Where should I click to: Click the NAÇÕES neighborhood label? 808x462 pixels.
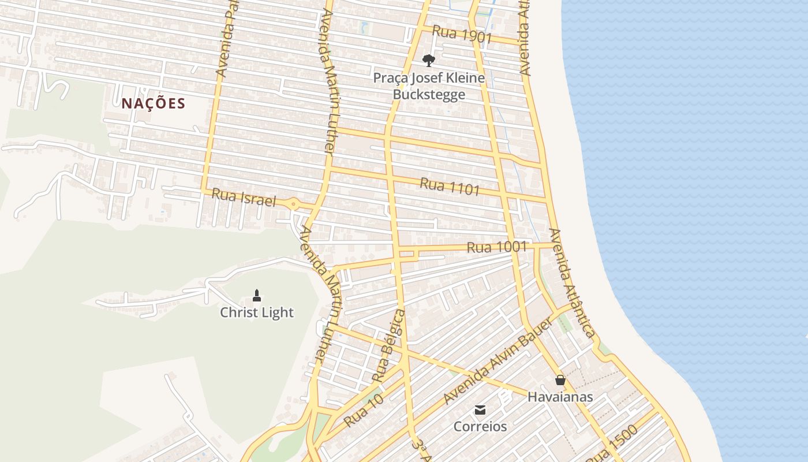pyautogui.click(x=153, y=103)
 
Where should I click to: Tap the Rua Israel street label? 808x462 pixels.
pyautogui.click(x=243, y=198)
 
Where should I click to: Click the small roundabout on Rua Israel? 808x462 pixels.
pyautogui.click(x=294, y=204)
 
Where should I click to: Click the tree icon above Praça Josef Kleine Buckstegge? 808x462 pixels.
pyautogui.click(x=428, y=60)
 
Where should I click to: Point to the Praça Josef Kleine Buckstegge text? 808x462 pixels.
pyautogui.click(x=428, y=86)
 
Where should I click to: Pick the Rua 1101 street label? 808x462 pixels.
pyautogui.click(x=450, y=187)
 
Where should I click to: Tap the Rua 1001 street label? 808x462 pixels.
pyautogui.click(x=496, y=247)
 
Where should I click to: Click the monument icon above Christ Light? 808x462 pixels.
pyautogui.click(x=257, y=296)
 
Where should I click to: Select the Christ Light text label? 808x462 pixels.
pyautogui.click(x=257, y=312)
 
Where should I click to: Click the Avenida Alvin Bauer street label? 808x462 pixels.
pyautogui.click(x=497, y=362)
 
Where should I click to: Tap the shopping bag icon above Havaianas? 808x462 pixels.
pyautogui.click(x=560, y=380)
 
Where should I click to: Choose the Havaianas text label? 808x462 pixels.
pyautogui.click(x=560, y=397)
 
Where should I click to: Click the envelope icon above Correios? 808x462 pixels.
pyautogui.click(x=480, y=410)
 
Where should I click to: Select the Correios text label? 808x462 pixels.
pyautogui.click(x=480, y=427)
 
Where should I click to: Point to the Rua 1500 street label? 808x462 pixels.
pyautogui.click(x=616, y=445)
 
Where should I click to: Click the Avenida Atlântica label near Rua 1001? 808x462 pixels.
pyautogui.click(x=571, y=283)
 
